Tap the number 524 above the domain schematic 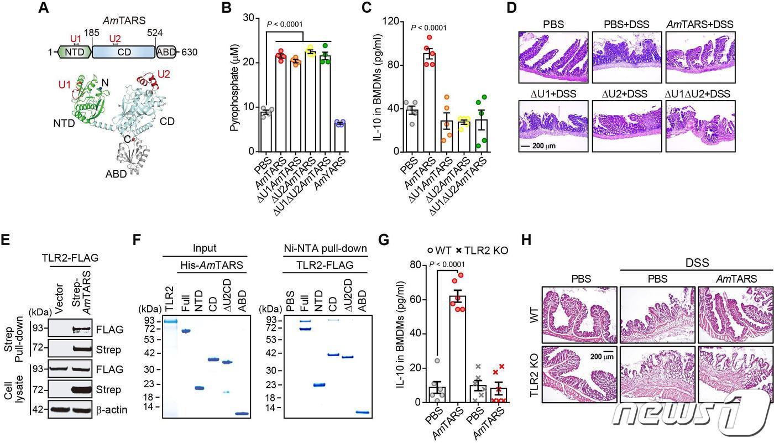click(155, 33)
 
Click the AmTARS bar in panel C click(428, 102)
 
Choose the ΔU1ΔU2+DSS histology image click(699, 126)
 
